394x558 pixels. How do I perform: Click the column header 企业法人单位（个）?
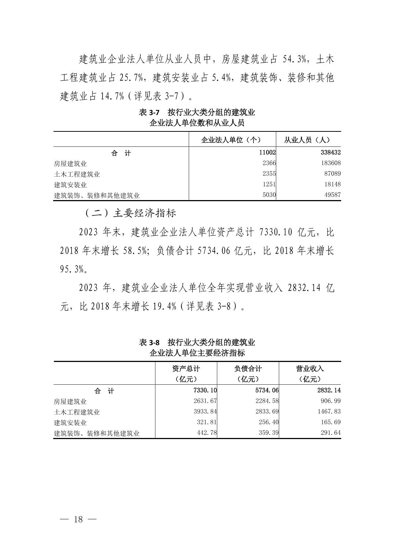point(231,140)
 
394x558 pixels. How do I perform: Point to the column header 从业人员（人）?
point(307,140)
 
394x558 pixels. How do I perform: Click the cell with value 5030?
point(269,195)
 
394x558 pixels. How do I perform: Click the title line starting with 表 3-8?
point(197,343)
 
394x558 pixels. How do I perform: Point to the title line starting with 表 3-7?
point(197,112)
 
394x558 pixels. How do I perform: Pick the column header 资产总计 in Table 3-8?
point(186,369)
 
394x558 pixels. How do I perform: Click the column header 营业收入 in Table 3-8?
point(310,369)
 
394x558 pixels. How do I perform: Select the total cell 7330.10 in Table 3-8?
point(203,390)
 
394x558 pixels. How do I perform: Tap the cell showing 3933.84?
point(205,412)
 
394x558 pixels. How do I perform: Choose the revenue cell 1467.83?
point(329,412)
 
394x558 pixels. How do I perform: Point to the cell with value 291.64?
point(331,433)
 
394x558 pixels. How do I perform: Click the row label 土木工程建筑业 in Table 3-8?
point(77,412)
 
